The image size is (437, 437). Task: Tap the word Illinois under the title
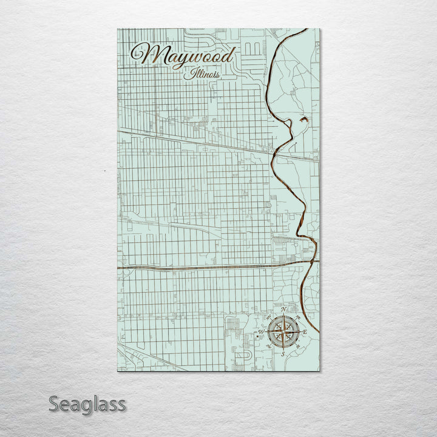pyautogui.click(x=202, y=73)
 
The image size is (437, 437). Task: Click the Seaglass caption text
pyautogui.click(x=87, y=404)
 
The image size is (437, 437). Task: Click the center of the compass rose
pyautogui.click(x=283, y=332)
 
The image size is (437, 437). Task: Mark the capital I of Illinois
pyautogui.click(x=189, y=73)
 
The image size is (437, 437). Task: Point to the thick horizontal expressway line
pyautogui.click(x=200, y=266)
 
